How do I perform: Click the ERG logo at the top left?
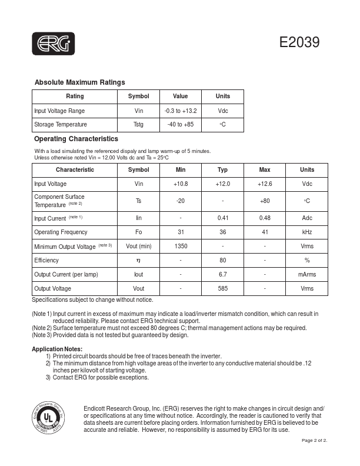tap(54, 42)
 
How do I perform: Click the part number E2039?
tap(299, 42)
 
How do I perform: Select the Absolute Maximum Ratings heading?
tap(79, 82)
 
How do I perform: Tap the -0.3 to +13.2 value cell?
tap(181, 111)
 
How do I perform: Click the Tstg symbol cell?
tap(139, 125)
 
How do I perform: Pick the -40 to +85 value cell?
tap(181, 125)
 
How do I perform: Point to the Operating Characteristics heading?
tap(76, 139)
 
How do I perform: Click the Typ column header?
tap(222, 170)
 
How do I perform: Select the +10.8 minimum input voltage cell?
tap(181, 184)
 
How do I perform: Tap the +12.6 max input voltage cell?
tap(265, 184)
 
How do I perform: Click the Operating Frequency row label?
tap(59, 232)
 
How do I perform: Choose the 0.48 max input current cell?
tap(265, 218)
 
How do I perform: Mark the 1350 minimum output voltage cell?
tap(181, 247)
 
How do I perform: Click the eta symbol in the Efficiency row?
tap(139, 261)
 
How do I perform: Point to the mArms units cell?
tap(307, 275)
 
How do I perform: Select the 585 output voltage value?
tap(222, 289)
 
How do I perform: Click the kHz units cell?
tap(307, 232)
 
